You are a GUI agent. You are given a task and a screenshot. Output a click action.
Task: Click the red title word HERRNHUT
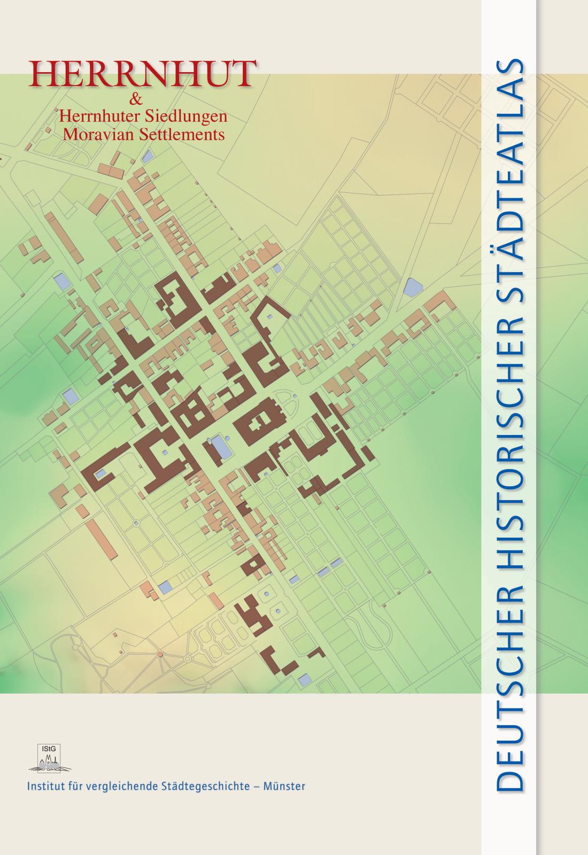[142, 74]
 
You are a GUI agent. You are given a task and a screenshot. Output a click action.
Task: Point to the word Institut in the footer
[43, 786]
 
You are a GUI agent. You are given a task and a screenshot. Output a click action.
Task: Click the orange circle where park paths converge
[159, 654]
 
